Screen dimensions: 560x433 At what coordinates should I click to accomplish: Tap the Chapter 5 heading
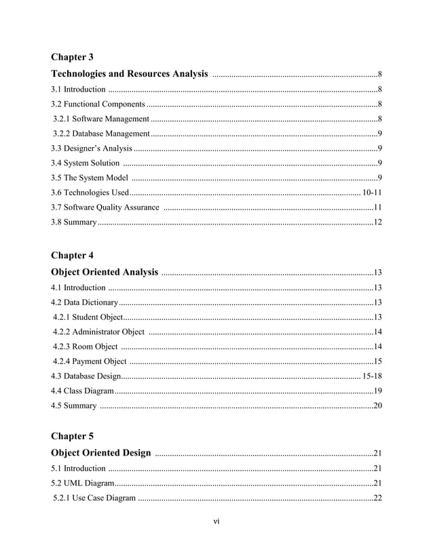(73, 435)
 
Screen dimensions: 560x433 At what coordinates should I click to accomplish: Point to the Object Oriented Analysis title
(105, 272)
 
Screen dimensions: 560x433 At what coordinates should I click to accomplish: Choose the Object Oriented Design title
(102, 452)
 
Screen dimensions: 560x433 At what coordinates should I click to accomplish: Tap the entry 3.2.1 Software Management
(100, 119)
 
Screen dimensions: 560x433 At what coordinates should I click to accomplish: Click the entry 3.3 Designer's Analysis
(92, 148)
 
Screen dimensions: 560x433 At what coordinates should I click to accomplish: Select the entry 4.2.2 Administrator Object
(99, 332)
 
